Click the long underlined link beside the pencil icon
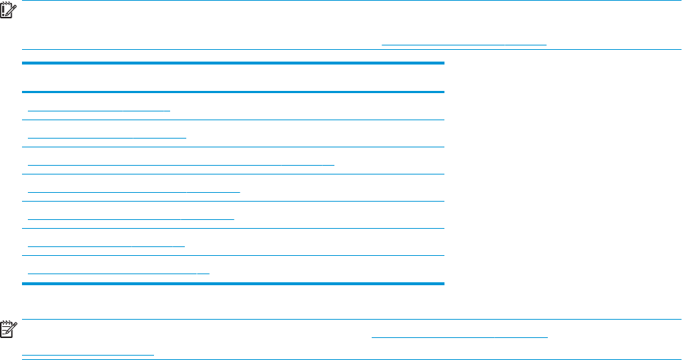[460, 334]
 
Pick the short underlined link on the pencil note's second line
[88, 353]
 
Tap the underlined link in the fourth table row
[133, 191]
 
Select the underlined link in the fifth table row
[131, 218]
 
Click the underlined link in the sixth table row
[106, 245]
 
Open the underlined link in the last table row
[118, 272]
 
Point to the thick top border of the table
[233, 64]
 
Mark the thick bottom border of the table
[233, 283]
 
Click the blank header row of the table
[233, 78]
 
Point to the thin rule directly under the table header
[233, 92]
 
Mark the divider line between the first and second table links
[233, 120]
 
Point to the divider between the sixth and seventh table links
[233, 255]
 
